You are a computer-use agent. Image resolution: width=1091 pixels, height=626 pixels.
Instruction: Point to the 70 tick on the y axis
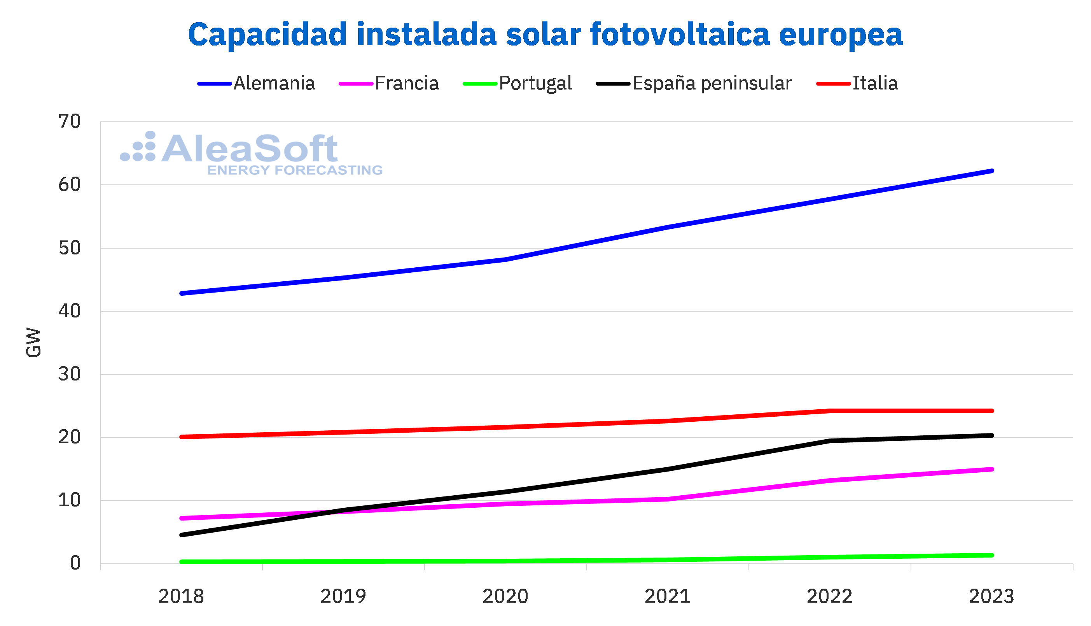tap(70, 122)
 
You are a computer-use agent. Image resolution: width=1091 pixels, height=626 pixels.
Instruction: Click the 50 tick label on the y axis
tap(70, 248)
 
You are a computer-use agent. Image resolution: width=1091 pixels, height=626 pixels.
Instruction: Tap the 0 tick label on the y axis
tap(75, 563)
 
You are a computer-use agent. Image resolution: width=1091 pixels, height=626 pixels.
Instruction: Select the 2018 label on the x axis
tap(181, 596)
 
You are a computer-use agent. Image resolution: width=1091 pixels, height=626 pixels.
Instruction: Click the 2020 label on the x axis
tap(505, 596)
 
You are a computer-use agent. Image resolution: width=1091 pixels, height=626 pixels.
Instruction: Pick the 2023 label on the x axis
tap(991, 596)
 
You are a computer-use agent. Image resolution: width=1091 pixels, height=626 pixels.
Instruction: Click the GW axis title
tap(33, 342)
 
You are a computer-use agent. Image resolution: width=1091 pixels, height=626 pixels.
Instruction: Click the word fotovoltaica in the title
tap(680, 34)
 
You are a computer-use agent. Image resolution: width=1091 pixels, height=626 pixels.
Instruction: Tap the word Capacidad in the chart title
tap(267, 34)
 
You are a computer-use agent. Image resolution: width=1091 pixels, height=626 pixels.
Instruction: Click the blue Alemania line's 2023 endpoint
tap(992, 171)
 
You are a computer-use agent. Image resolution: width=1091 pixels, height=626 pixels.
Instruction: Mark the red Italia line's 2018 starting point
tap(182, 437)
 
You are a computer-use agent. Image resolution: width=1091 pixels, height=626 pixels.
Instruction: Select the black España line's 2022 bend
tap(830, 441)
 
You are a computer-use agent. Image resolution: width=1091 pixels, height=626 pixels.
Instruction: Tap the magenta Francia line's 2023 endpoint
tap(992, 469)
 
